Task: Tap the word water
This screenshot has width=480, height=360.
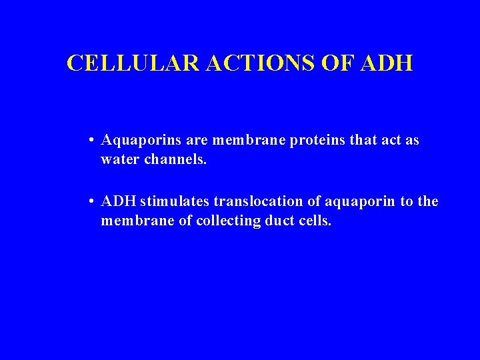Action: (x=117, y=160)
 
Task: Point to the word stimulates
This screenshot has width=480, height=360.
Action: (x=171, y=202)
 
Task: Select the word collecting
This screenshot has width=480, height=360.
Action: (x=228, y=221)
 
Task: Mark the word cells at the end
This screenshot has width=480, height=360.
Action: (x=315, y=221)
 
